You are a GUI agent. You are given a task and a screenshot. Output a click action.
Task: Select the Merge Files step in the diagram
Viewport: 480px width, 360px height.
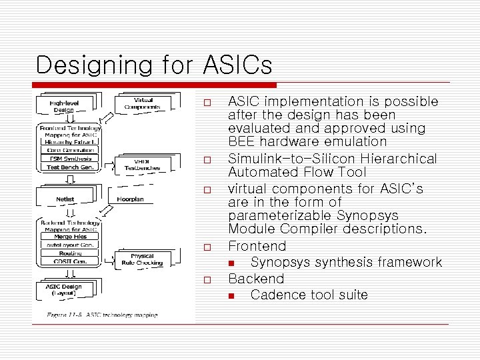(x=71, y=236)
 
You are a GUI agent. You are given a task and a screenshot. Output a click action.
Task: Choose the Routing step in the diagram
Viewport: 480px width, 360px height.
(x=70, y=253)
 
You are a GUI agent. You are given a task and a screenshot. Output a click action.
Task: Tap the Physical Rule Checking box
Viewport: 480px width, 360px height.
(x=141, y=259)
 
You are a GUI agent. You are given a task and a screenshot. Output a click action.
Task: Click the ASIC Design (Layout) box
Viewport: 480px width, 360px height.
(x=64, y=290)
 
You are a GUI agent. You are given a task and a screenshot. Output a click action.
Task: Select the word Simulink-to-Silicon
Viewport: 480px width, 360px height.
(x=279, y=159)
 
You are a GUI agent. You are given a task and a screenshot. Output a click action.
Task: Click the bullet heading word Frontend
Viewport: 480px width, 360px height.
(x=257, y=246)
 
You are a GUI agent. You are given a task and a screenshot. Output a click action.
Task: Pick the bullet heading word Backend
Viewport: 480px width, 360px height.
(x=256, y=278)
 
